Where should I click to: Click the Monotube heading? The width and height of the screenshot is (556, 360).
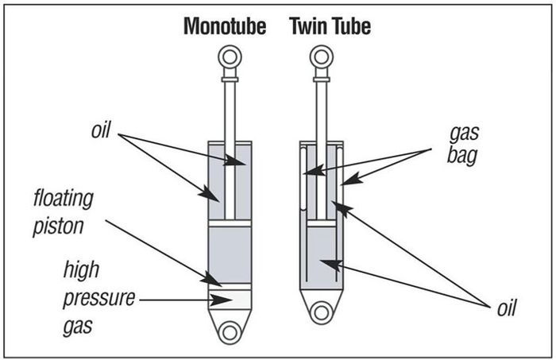[x=230, y=27]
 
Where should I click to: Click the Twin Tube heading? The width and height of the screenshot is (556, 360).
[x=330, y=27]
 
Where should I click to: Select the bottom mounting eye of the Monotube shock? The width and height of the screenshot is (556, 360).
[x=229, y=332]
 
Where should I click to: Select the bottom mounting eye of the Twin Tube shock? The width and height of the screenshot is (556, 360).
[x=322, y=312]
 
